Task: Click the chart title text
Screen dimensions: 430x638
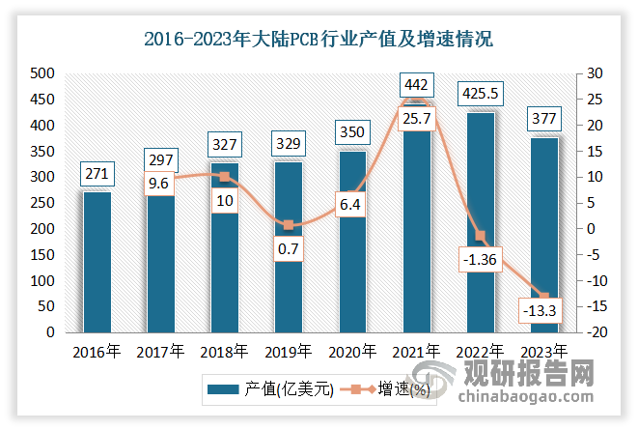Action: [318, 40]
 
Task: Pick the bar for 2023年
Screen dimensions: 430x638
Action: [544, 237]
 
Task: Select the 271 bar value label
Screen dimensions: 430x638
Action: [97, 175]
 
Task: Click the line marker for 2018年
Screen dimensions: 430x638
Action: [224, 177]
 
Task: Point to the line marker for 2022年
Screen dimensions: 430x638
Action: [480, 236]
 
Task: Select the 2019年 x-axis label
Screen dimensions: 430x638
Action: [288, 351]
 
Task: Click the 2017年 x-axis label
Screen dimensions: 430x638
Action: [160, 351]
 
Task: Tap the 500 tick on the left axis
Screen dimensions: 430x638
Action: [42, 73]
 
